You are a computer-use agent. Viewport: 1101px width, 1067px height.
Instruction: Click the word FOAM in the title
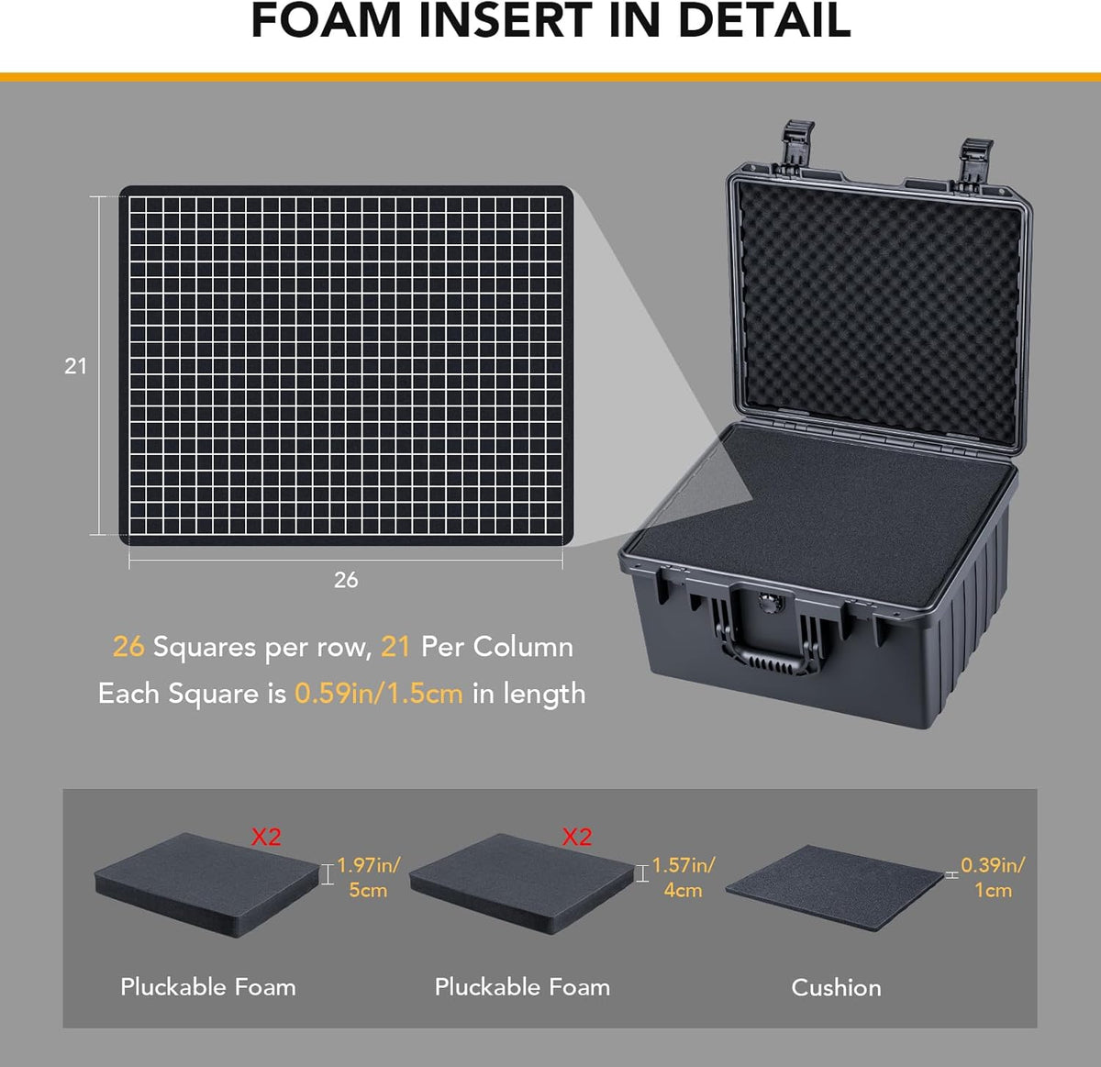326,21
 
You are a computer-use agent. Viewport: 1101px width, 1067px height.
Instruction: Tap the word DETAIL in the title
763,21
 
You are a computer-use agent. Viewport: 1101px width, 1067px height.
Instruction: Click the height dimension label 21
75,366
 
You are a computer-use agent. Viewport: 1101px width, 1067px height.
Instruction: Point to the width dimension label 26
346,579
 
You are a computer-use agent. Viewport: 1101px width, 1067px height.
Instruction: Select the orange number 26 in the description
128,646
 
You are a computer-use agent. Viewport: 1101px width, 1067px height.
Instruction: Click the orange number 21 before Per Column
395,646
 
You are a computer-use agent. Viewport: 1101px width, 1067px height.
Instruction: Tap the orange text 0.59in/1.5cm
379,693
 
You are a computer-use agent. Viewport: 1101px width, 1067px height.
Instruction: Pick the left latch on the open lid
796,149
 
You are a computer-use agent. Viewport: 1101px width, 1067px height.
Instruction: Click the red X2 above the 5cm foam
266,837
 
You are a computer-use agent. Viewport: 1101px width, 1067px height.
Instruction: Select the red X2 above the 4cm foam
577,837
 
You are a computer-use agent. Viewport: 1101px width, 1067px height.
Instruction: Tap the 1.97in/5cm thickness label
368,877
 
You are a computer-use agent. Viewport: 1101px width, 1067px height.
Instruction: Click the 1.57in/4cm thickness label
684,877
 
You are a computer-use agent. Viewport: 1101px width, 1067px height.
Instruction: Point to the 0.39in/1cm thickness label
993,877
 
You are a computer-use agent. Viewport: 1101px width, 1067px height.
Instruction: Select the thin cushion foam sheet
835,887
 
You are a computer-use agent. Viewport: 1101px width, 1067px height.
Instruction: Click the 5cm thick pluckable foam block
207,884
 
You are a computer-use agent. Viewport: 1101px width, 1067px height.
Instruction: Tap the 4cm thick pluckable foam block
521,884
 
